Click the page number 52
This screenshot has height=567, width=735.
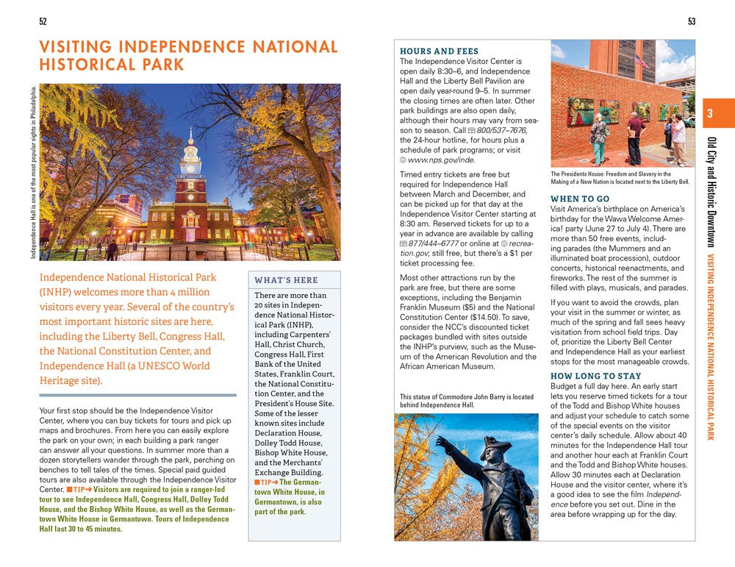pos(43,21)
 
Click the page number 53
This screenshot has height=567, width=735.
pos(692,21)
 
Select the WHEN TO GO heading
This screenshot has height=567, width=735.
pos(580,199)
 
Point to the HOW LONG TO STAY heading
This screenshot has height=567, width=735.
pos(595,376)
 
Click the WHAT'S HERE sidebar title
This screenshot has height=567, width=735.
pos(286,280)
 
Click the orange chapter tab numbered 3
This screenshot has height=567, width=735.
pos(710,114)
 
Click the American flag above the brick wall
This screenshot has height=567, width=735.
pos(642,61)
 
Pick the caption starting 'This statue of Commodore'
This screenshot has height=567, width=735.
pos(466,401)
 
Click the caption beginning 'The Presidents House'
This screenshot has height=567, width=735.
pos(620,178)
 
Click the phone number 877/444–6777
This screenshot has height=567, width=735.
pos(434,243)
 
